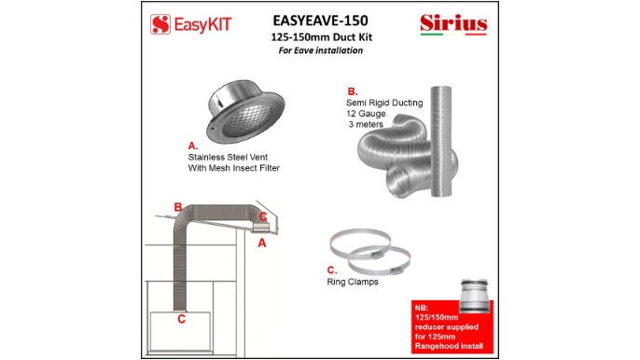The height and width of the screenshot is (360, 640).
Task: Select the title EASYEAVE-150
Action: (319, 20)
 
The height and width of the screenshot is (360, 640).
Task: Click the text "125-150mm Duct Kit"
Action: (319, 36)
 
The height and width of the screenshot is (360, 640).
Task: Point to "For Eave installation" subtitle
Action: (319, 50)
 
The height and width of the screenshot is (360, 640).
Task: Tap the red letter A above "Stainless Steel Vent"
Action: (192, 146)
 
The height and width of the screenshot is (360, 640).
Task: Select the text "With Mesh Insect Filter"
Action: (234, 168)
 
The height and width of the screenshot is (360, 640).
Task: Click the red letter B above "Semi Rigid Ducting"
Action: (352, 91)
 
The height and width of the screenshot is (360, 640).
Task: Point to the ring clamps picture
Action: (370, 249)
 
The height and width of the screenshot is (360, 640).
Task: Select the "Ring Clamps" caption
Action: (353, 282)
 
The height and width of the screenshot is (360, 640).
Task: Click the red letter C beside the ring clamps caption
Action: (331, 271)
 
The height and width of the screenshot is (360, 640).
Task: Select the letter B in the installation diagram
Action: (177, 207)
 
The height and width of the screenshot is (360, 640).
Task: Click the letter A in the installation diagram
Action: (262, 242)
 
